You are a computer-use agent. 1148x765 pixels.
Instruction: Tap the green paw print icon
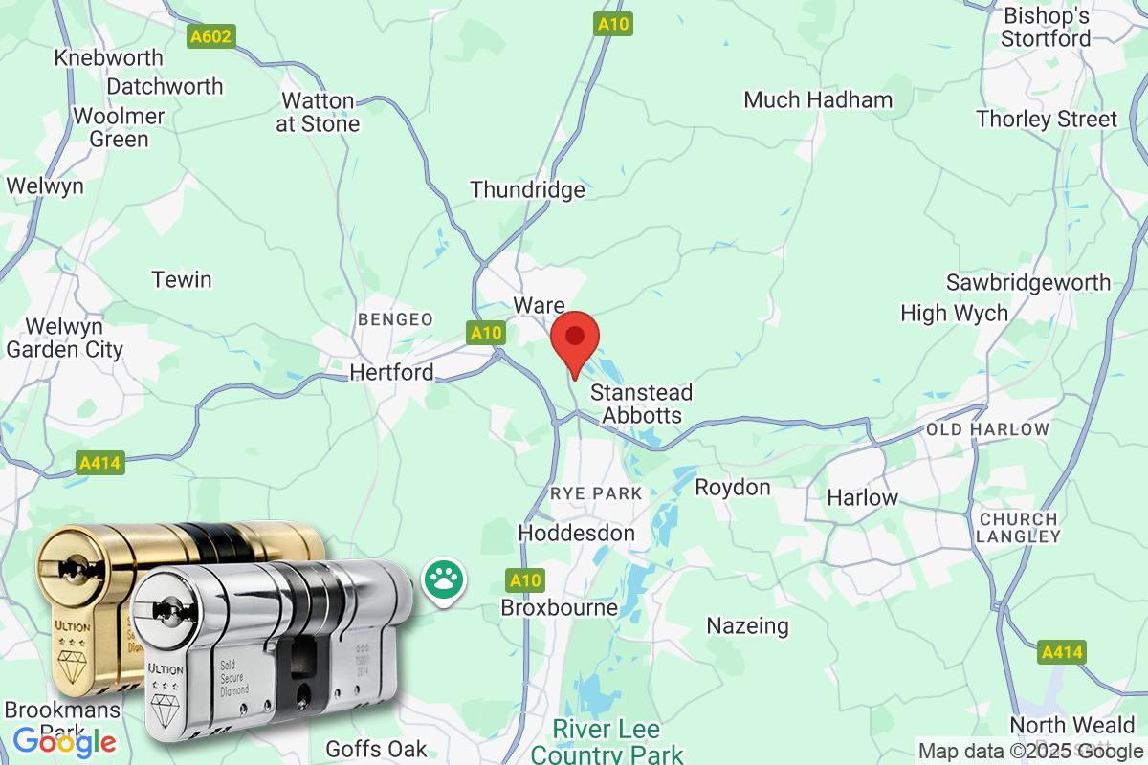442,579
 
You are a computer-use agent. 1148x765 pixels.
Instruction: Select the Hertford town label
392,372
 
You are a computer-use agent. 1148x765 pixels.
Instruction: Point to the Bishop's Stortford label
1046,28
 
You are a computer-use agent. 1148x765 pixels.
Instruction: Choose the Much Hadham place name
818,99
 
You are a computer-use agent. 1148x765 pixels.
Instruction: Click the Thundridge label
527,189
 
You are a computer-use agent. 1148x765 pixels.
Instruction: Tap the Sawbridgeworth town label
1028,282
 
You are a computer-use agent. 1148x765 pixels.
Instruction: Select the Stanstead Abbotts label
641,404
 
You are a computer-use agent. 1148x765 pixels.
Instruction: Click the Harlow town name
862,497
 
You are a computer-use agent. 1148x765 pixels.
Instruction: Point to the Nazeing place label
747,626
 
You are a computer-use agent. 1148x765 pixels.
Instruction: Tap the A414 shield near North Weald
1062,653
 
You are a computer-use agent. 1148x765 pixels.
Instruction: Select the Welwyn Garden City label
65,338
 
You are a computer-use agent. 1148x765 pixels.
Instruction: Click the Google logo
65,741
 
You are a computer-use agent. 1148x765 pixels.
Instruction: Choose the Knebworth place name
109,57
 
